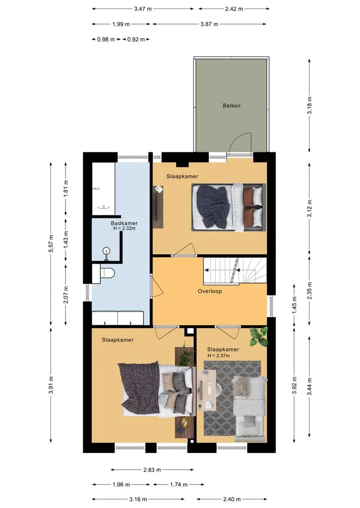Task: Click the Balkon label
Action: tap(231, 105)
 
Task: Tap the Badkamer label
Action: tap(124, 223)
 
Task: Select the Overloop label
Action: tap(210, 291)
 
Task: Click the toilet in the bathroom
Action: tap(104, 273)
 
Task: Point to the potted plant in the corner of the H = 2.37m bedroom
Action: tap(258, 336)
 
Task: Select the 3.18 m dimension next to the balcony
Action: tap(309, 105)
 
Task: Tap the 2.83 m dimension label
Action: tap(152, 470)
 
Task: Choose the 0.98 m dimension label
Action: tap(106, 39)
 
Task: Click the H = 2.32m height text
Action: tap(124, 228)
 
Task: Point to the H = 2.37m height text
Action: tap(218, 356)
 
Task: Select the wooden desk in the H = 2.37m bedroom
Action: tap(206, 390)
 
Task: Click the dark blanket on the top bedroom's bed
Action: tap(212, 206)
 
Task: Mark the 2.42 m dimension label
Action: tap(234, 9)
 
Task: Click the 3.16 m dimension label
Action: tap(138, 499)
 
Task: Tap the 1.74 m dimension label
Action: tap(178, 485)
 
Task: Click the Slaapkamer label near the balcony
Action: tap(182, 176)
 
